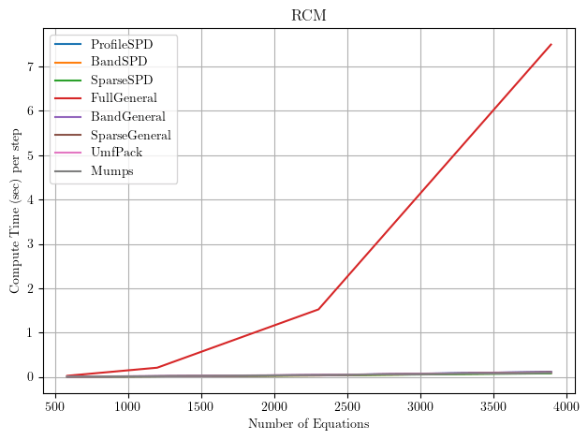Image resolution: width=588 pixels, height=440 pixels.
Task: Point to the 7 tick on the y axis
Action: click(x=31, y=66)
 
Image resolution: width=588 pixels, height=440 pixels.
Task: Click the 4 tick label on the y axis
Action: click(x=31, y=199)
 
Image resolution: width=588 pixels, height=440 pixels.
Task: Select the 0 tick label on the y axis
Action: click(x=31, y=377)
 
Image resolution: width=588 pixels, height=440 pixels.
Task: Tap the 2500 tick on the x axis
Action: click(x=348, y=406)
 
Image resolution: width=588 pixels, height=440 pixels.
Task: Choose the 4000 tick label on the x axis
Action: click(x=567, y=406)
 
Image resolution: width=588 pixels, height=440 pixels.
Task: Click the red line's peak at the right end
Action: click(x=551, y=44)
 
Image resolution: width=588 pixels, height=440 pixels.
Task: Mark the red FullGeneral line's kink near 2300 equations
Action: click(x=318, y=309)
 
